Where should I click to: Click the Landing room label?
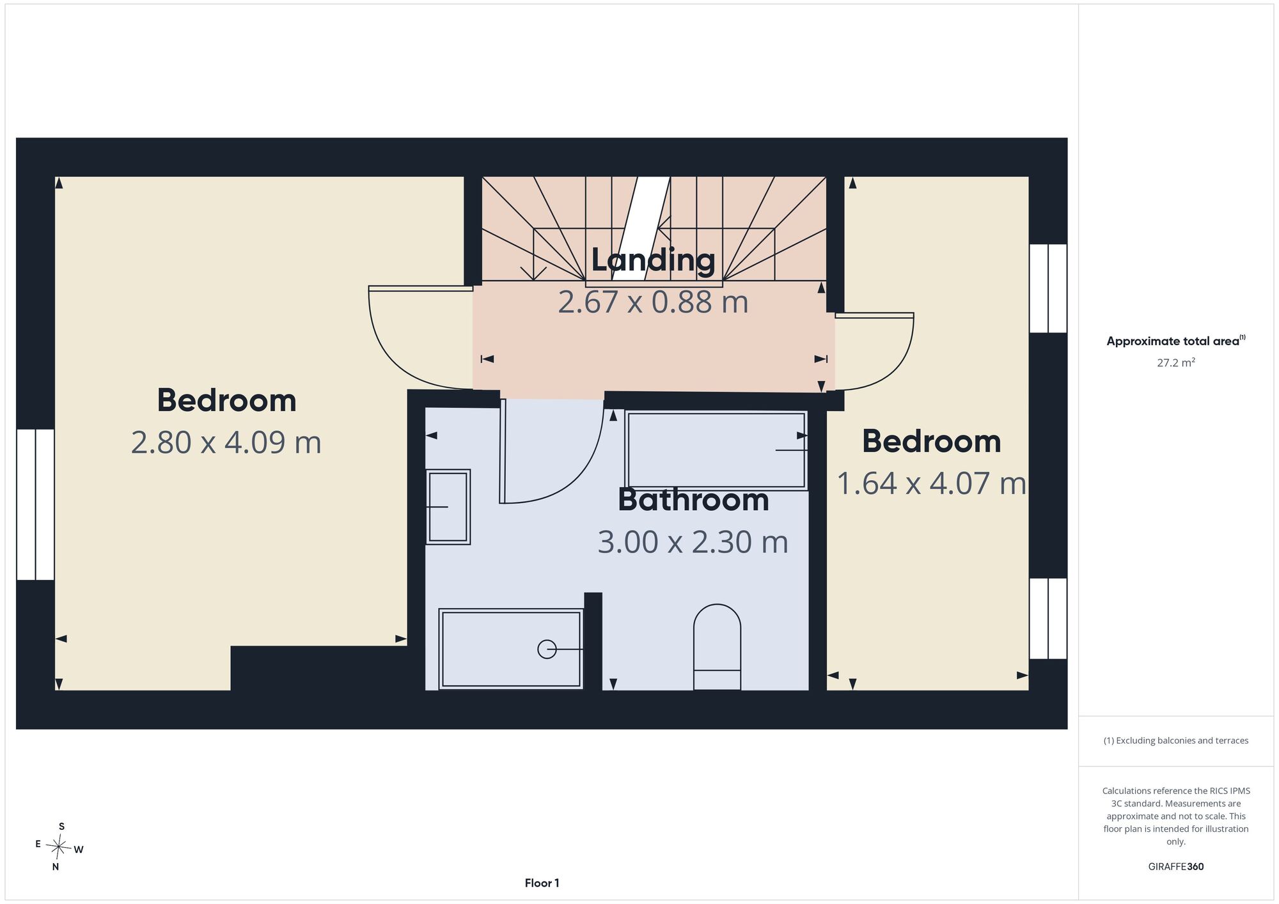653,260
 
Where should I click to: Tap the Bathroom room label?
693,500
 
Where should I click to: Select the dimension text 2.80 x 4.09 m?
226,442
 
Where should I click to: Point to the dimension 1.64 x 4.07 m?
931,483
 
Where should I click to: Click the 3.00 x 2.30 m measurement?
693,542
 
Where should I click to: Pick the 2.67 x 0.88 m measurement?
653,302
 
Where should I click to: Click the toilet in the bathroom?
717,647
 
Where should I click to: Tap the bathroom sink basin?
448,507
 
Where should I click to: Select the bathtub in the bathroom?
716,451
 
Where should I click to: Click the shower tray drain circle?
547,650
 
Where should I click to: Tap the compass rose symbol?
59,847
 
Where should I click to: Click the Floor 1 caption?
542,883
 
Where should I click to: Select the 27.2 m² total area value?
1176,362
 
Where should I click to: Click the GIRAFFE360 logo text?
1176,867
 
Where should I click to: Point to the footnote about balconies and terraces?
1176,740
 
